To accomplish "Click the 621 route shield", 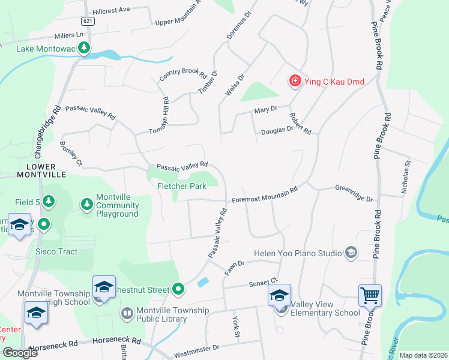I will [x=89, y=21].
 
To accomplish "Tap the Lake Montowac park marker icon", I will [x=85, y=48].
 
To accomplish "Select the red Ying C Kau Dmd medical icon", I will [x=295, y=82].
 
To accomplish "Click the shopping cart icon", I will [x=370, y=295].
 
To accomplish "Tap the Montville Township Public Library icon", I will [x=127, y=313].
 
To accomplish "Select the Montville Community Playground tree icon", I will [x=87, y=205].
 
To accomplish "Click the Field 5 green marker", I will [x=49, y=202].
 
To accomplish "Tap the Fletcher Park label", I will [x=181, y=186].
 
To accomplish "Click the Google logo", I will [x=20, y=353].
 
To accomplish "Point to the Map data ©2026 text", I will [x=423, y=355].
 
